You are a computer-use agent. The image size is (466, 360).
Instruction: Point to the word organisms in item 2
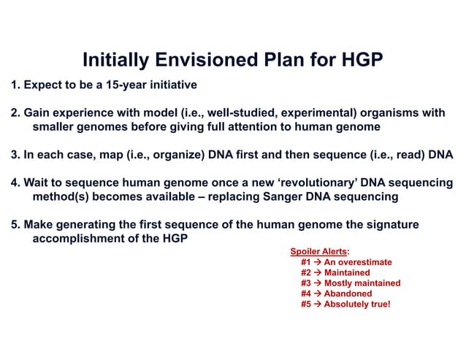pyautogui.click(x=392, y=113)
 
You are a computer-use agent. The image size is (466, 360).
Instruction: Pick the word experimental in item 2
pyautogui.click(x=312, y=113)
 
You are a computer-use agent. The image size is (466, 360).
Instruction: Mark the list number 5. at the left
pyautogui.click(x=15, y=225)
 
